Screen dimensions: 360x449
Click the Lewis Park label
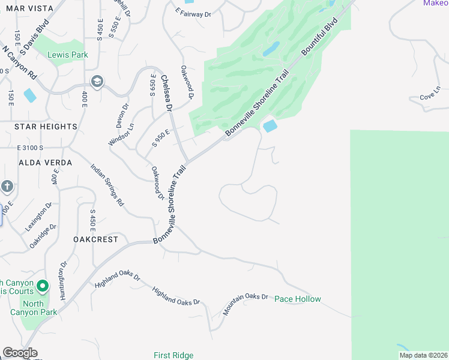[x=68, y=55]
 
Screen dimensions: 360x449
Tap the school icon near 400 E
[x=97, y=81]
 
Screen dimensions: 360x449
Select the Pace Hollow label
[x=298, y=299]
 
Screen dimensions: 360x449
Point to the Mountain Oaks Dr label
[x=245, y=304]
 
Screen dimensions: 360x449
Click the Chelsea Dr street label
[x=166, y=93]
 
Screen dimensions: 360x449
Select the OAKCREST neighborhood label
[x=95, y=239]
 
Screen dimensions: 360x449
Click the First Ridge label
[x=173, y=355]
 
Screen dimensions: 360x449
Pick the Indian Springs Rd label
[x=107, y=185]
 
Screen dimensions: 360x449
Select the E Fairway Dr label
[x=193, y=12]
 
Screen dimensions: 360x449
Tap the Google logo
[x=20, y=353]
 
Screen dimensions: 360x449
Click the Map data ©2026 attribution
[x=423, y=355]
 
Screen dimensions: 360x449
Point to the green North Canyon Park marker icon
[x=42, y=287]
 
